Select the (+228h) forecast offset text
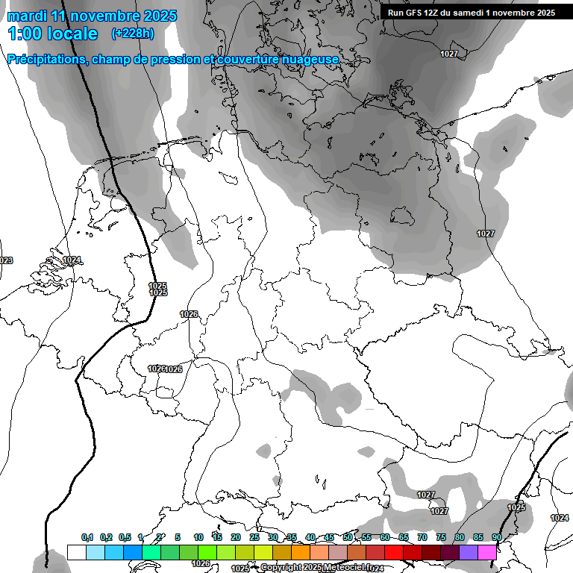(x=133, y=34)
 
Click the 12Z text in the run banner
(x=436, y=13)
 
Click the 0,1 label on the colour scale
(x=87, y=538)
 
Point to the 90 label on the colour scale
(x=497, y=538)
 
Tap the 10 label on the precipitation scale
(x=198, y=538)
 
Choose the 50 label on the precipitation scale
(x=348, y=538)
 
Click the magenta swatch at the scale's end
(x=487, y=552)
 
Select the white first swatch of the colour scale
(x=76, y=552)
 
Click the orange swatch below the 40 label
(x=301, y=552)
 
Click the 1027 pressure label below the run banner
(x=449, y=54)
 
